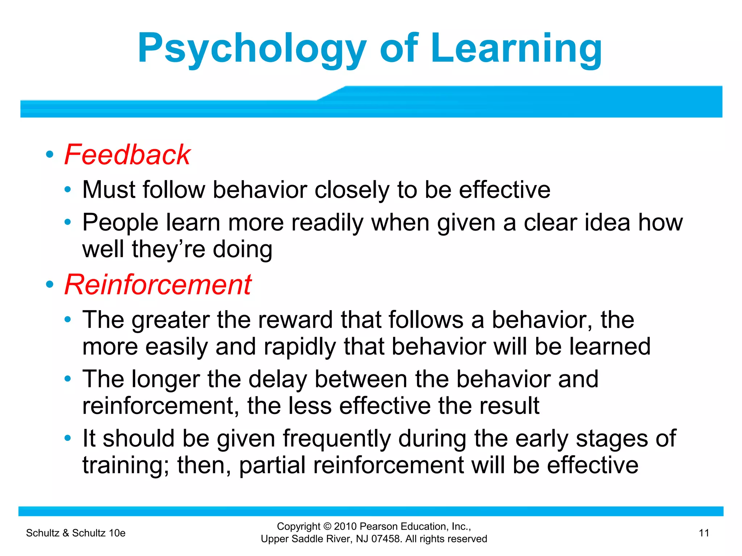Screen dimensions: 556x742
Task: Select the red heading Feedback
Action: (x=128, y=155)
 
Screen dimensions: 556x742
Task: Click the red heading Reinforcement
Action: (x=158, y=285)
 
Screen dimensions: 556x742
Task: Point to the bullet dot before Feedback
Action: (x=50, y=155)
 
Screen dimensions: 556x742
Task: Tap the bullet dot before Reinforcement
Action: (x=50, y=285)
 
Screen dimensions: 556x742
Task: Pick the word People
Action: (x=120, y=222)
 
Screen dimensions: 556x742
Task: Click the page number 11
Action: (x=704, y=533)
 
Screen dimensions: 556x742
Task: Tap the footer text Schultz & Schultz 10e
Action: (x=76, y=533)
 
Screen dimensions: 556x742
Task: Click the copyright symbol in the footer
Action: (x=328, y=526)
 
